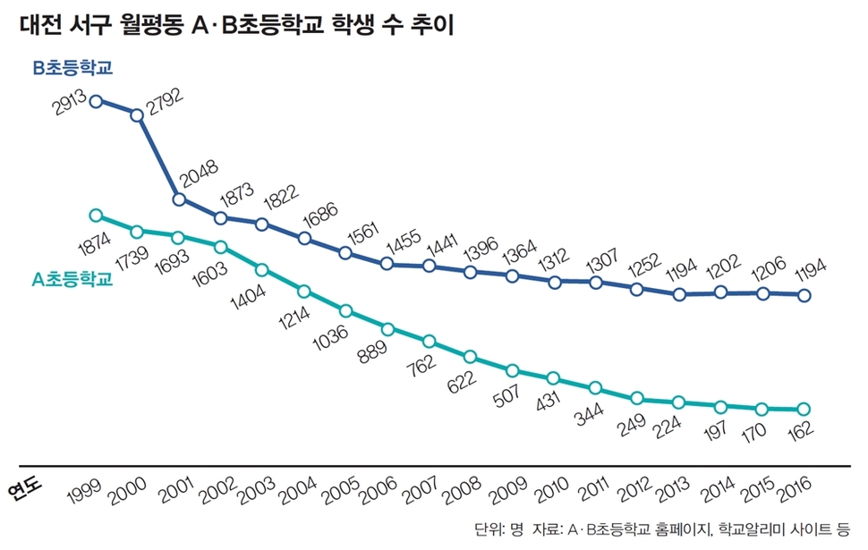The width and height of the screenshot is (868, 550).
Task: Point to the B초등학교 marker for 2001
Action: point(179,199)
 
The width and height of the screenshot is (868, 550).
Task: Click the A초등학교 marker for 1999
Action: point(96,216)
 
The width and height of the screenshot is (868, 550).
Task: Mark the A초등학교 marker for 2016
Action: point(804,410)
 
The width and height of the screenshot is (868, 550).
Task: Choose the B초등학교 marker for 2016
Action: point(804,295)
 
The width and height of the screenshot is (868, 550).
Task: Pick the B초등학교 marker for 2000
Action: point(137,114)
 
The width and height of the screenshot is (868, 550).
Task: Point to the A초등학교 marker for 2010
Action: point(554,378)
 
